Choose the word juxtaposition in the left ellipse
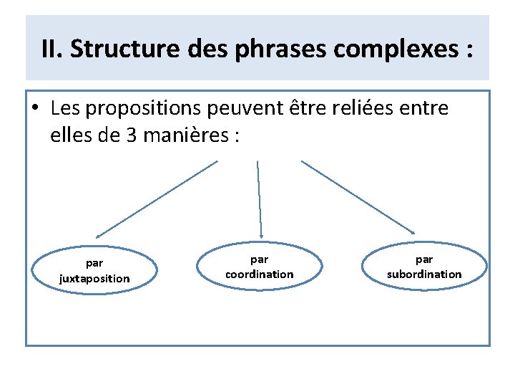[94, 278]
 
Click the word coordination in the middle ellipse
[259, 274]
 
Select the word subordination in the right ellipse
[424, 274]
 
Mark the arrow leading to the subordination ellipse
[358, 196]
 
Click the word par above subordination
[424, 259]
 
